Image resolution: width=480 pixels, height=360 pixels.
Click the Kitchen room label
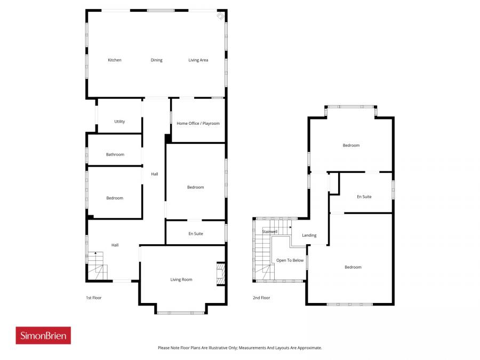[x=115, y=60]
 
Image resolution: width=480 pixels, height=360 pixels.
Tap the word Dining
[x=156, y=60]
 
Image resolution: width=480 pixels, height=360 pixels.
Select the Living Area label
[x=198, y=60]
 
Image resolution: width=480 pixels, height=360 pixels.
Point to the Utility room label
[x=119, y=122]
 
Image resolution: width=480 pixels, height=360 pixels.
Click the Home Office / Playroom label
[x=198, y=124]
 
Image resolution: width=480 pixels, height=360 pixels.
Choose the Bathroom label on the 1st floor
[x=115, y=155]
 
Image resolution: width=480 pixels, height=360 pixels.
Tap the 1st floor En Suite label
[x=196, y=234]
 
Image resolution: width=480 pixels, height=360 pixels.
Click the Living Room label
[x=181, y=279]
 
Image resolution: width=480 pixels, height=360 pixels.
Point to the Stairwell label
[x=269, y=231]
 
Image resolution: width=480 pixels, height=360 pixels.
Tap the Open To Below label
[x=290, y=260]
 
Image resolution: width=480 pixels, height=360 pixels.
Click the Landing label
[x=309, y=235]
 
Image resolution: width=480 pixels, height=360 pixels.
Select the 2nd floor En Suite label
[x=364, y=197]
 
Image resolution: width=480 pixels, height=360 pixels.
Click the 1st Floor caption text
[x=94, y=298]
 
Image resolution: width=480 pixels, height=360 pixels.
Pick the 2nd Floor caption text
[x=261, y=298]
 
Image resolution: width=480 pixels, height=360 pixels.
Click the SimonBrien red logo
[x=43, y=335]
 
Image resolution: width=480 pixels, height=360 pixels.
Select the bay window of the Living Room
[x=181, y=312]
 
